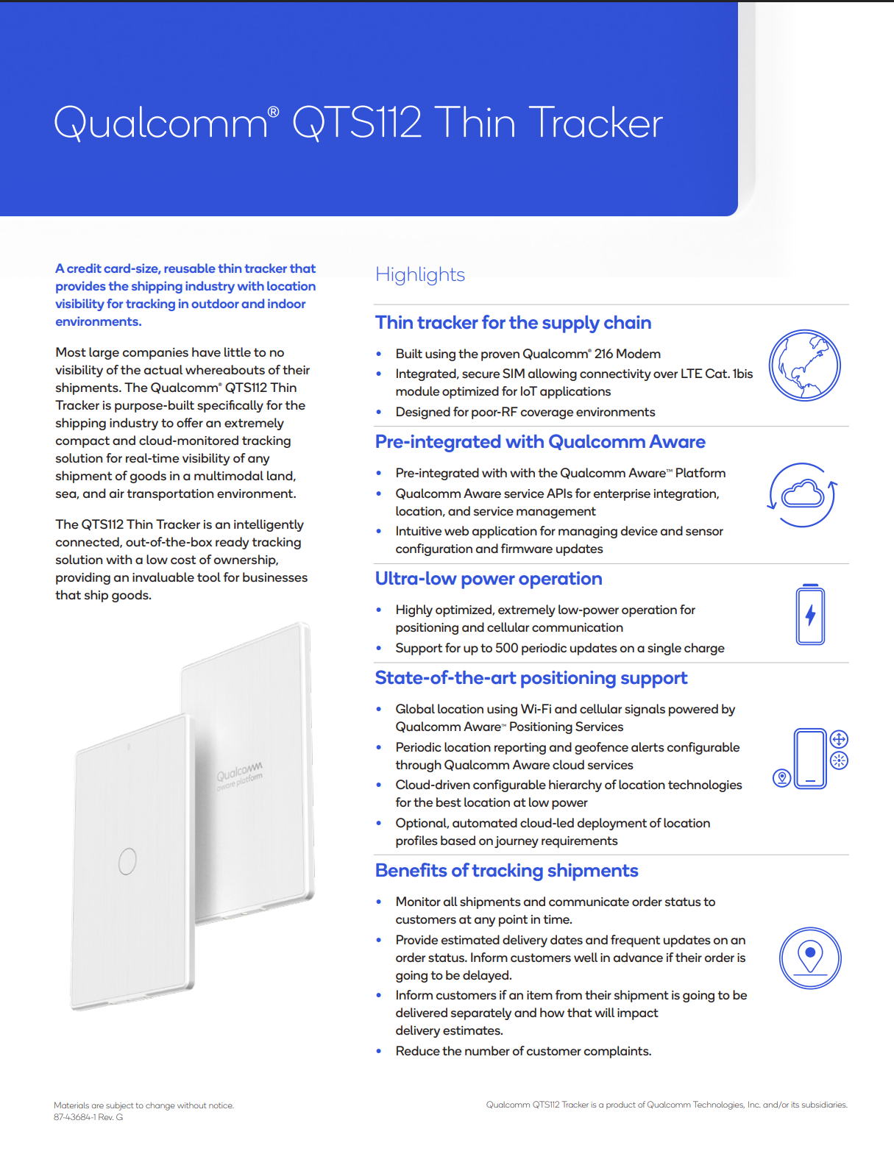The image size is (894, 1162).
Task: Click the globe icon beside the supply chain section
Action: [x=804, y=366]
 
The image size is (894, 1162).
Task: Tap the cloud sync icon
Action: [x=803, y=495]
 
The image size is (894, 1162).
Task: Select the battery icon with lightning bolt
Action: [x=810, y=615]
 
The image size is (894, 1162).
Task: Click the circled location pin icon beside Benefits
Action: [x=810, y=958]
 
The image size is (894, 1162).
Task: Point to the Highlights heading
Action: [x=420, y=275]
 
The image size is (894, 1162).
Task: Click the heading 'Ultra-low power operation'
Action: [x=489, y=579]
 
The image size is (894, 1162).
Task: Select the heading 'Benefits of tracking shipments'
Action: [x=506, y=871]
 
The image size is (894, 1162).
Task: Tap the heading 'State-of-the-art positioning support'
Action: [x=531, y=678]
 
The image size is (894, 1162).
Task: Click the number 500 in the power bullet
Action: [x=506, y=648]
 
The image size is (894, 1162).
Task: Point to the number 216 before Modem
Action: [x=606, y=354]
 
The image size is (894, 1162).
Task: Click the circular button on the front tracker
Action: [x=127, y=860]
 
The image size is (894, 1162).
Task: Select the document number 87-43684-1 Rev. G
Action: [x=88, y=1117]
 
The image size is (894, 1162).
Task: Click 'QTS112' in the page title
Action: [x=357, y=122]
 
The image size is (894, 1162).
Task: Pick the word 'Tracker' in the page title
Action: [x=595, y=122]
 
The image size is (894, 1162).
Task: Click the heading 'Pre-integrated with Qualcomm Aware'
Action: [x=540, y=442]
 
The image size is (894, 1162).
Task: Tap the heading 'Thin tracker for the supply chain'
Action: [x=513, y=323]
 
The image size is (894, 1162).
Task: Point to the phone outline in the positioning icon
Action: [x=810, y=758]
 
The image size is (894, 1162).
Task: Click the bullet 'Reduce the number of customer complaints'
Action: [x=523, y=1051]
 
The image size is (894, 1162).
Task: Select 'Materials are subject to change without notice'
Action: [x=143, y=1105]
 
